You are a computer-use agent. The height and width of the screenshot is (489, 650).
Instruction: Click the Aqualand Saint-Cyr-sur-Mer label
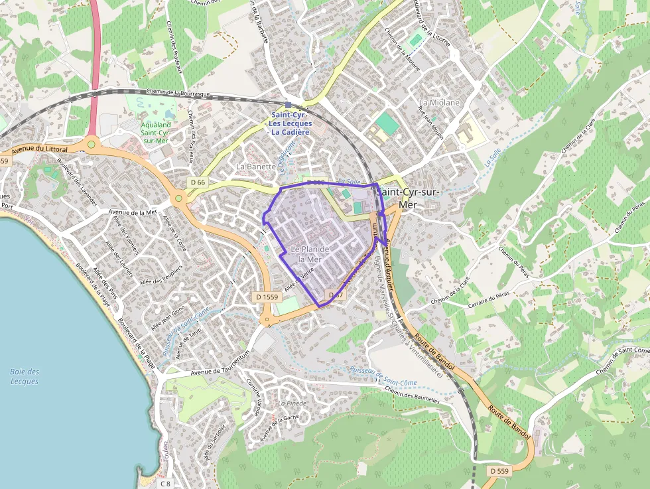pyautogui.click(x=156, y=132)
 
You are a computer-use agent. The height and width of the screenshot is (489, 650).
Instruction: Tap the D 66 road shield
pyautogui.click(x=198, y=182)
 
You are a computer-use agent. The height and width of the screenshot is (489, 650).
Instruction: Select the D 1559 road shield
pyautogui.click(x=265, y=297)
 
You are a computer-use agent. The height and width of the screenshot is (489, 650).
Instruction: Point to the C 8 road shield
pyautogui.click(x=166, y=484)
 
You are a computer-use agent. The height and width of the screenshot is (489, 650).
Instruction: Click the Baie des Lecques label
pyautogui.click(x=25, y=376)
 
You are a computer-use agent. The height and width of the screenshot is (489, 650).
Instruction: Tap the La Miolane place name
pyautogui.click(x=439, y=103)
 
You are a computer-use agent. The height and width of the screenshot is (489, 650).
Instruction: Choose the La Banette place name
pyautogui.click(x=255, y=166)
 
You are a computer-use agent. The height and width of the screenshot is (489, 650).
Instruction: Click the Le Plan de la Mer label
pyautogui.click(x=310, y=254)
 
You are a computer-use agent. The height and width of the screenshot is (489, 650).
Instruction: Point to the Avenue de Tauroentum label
pyautogui.click(x=220, y=373)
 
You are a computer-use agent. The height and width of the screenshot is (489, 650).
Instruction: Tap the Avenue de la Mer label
pyautogui.click(x=132, y=212)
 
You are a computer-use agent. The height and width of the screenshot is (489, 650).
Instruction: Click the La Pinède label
pyautogui.click(x=292, y=403)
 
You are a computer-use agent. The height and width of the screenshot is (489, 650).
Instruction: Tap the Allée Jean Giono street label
pyautogui.click(x=168, y=318)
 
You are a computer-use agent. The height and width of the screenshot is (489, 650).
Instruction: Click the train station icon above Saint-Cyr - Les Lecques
pyautogui.click(x=288, y=105)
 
